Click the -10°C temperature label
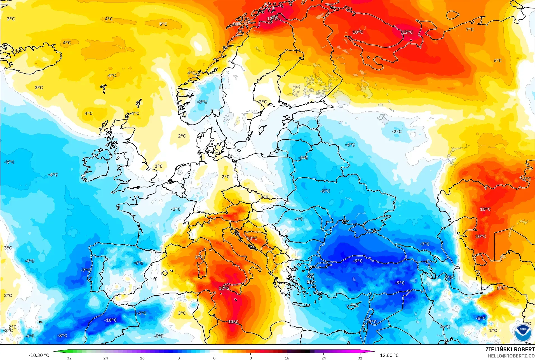click(x=111, y=320)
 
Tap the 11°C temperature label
click(x=233, y=322)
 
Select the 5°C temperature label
click(x=163, y=24)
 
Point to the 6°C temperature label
click(x=498, y=60)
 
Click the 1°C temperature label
click(x=493, y=330)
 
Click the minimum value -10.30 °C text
click(x=39, y=355)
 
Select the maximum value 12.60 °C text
click(x=389, y=355)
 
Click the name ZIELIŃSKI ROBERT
click(x=510, y=349)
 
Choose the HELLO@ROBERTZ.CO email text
click(x=511, y=356)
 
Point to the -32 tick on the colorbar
click(x=68, y=358)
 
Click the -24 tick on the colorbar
click(x=105, y=358)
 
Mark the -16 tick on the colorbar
click(x=141, y=358)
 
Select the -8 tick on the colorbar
click(x=178, y=358)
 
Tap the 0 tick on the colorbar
click(x=214, y=358)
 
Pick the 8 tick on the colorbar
click(x=251, y=358)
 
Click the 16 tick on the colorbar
click(x=287, y=358)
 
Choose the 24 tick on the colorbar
click(x=324, y=358)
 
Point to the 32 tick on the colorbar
click(x=360, y=358)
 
